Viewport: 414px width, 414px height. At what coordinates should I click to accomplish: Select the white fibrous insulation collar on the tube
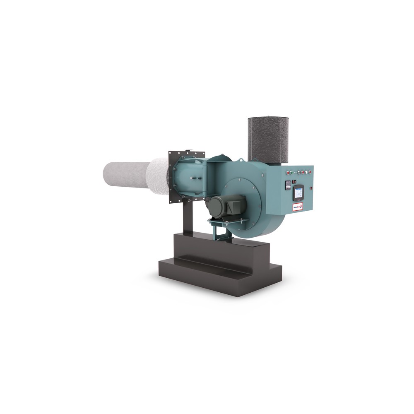pyautogui.click(x=157, y=177)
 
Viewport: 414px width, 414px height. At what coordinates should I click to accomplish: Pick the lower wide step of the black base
pyautogui.click(x=219, y=275)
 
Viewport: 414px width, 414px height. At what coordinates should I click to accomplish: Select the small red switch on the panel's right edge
pyautogui.click(x=312, y=188)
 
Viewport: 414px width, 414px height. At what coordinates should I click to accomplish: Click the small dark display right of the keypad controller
pyautogui.click(x=294, y=181)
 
